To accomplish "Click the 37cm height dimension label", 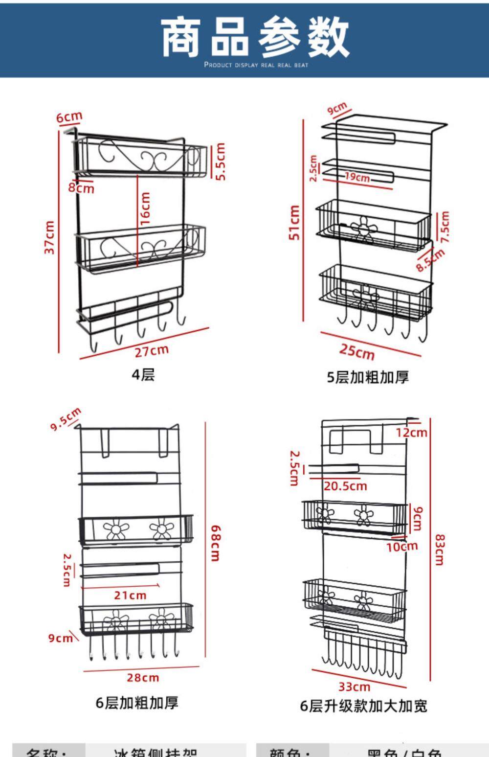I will coord(49,238).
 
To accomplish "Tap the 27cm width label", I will coord(152,351).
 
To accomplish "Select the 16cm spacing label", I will coord(145,208).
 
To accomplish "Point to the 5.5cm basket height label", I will coord(221,162).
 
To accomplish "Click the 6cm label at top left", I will coord(69,117).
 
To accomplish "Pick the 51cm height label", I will coord(294,223).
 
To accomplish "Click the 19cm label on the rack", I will coord(357,177).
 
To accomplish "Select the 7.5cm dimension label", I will coord(445,227).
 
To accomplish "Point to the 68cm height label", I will coord(215,543).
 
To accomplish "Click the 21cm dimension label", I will coord(130,595).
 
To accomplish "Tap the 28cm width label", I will coord(143,678).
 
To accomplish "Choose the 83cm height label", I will coord(440,550).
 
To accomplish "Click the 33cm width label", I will coord(355,687).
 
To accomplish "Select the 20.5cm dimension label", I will coord(345,486).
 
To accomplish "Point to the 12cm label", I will coord(411,433).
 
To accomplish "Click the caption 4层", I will coord(143,375).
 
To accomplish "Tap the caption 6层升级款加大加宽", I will coord(364,706).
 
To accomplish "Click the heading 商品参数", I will coord(255,37).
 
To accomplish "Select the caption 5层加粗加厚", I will coord(368,377).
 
